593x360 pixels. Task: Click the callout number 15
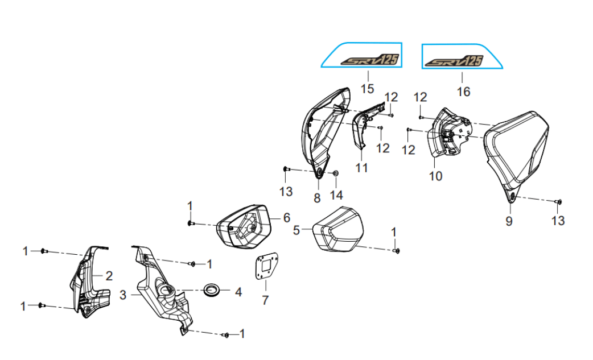pos(367,89)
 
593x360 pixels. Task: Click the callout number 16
pos(463,92)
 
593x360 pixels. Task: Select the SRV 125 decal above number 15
pos(369,60)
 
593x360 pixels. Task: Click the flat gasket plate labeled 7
pos(266,267)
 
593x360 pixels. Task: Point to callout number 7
pos(265,300)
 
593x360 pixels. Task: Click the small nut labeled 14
pos(335,173)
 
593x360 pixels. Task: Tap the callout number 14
pos(336,195)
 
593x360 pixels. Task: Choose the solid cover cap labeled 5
pos(337,229)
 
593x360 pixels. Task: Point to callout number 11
pos(361,167)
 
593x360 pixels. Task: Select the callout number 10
pos(435,176)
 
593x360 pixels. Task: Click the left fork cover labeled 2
pos(89,282)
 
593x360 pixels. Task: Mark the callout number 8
pos(317,197)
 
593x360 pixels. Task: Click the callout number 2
pos(109,276)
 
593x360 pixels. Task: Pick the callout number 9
pos(509,221)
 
